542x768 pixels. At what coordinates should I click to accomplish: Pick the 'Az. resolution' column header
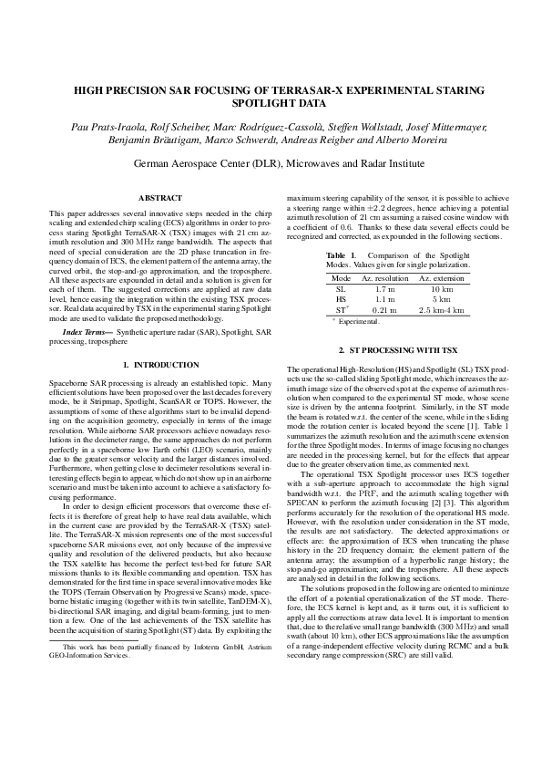383,276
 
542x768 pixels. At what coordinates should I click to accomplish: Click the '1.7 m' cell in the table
383,287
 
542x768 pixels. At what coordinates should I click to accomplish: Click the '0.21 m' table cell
383,310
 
